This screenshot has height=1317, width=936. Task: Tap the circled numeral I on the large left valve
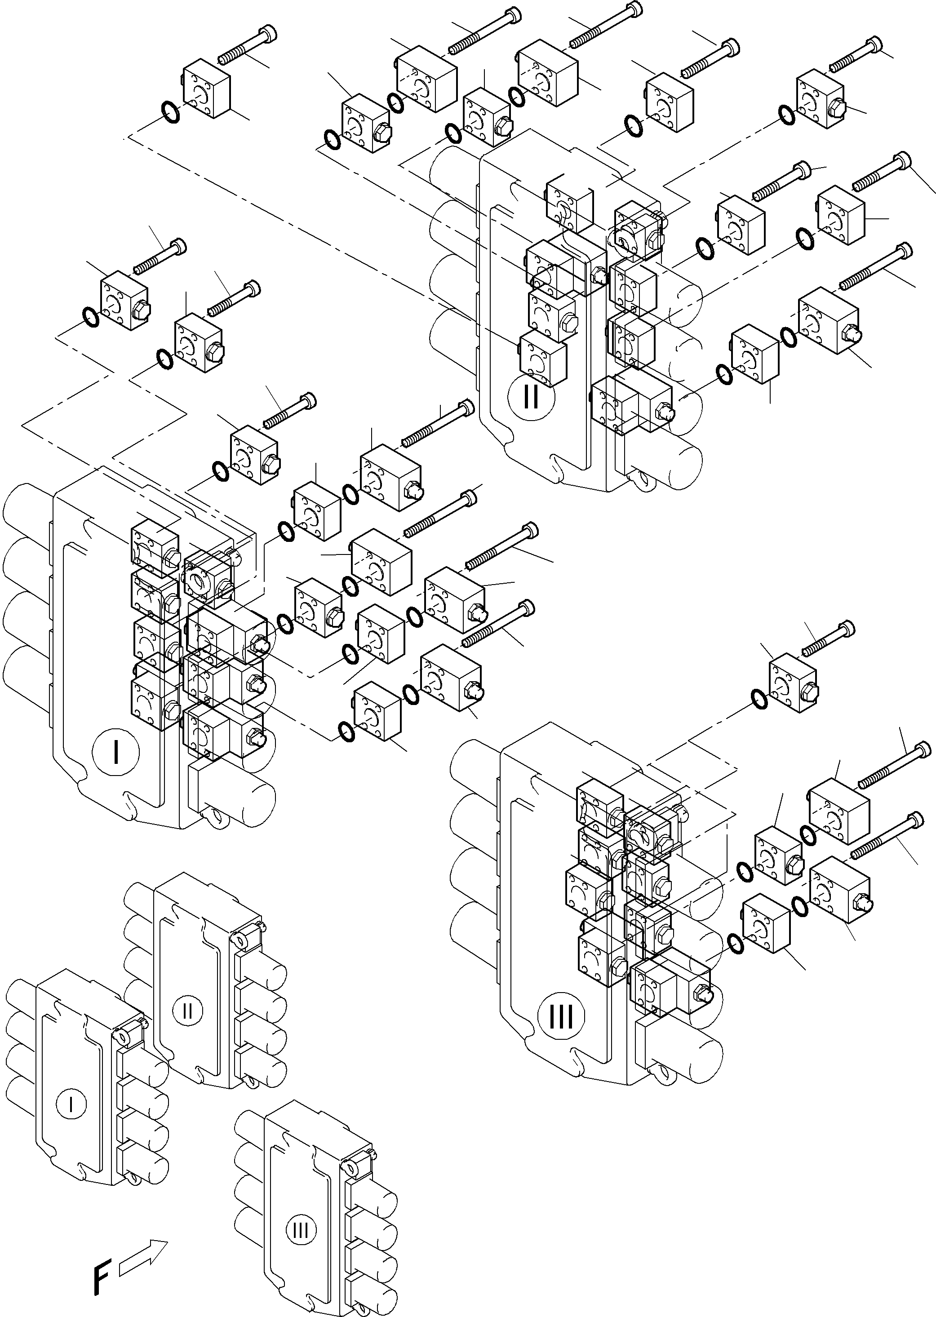coord(116,752)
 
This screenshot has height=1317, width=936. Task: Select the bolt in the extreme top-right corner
coord(856,55)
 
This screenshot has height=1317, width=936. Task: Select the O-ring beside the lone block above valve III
coord(760,700)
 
